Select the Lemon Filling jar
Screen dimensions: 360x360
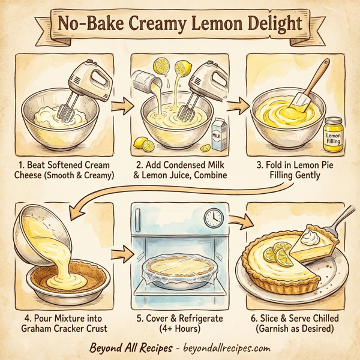pos(332,134)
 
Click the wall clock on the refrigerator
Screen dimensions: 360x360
pos(212,218)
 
